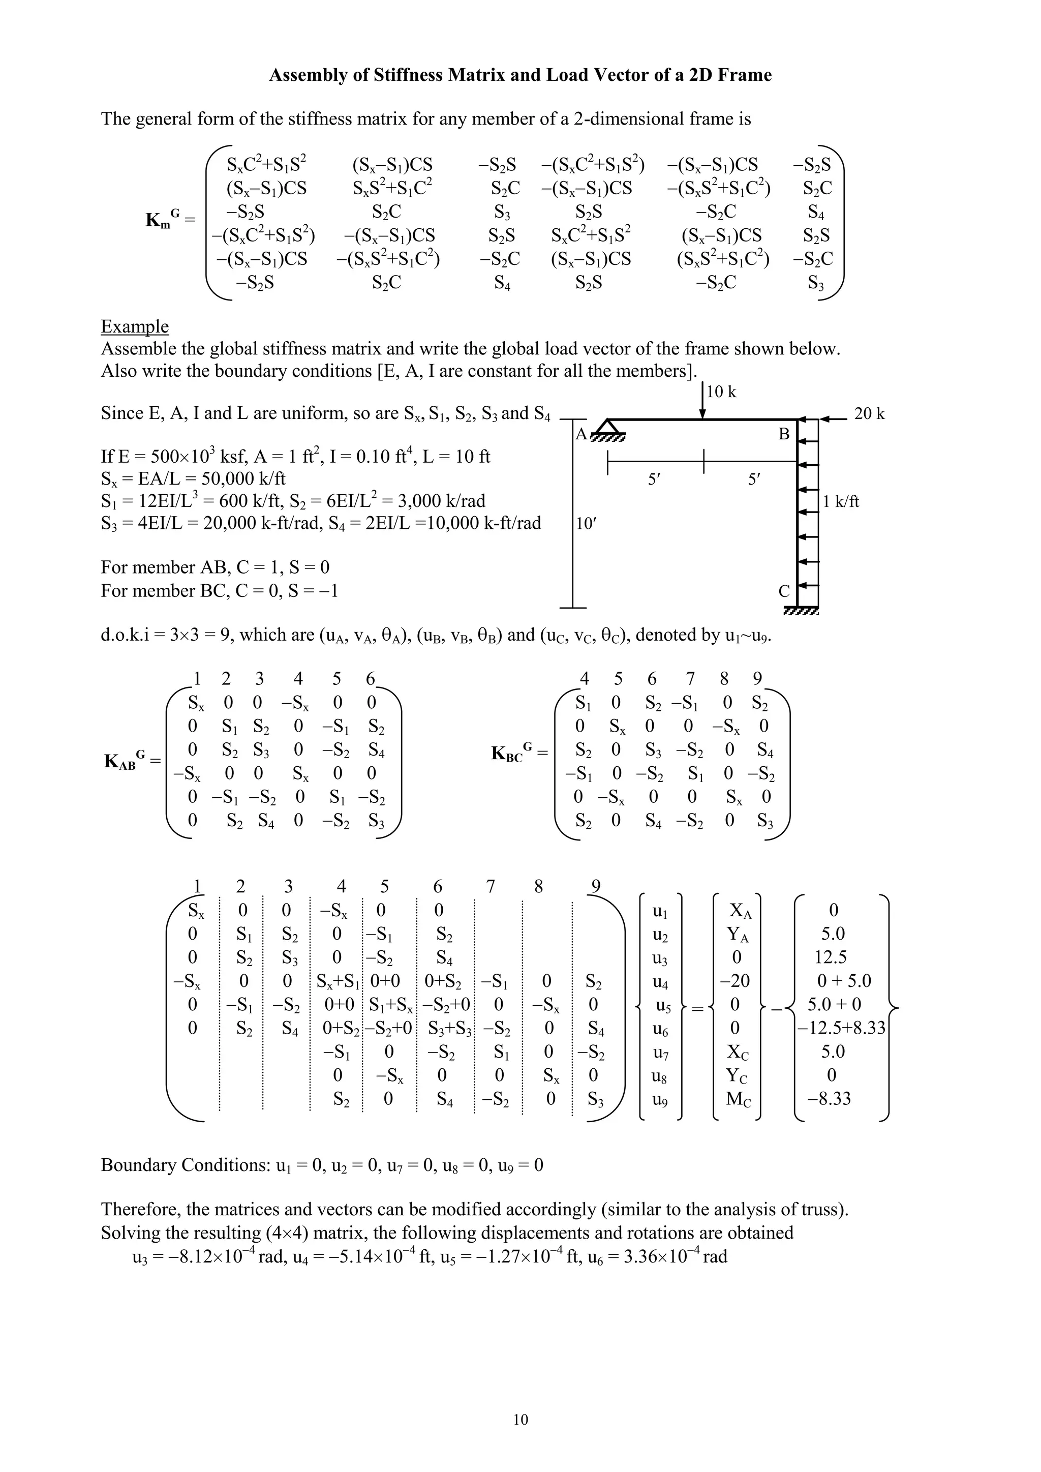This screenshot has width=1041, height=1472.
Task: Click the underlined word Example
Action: pos(135,326)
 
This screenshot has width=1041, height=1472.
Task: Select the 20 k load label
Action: pos(869,414)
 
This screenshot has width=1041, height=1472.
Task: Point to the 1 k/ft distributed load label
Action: pos(841,501)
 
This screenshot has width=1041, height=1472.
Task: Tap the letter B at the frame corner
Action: pos(784,435)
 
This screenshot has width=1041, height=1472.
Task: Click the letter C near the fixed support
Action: pos(784,591)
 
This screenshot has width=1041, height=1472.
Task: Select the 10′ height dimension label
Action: pos(586,524)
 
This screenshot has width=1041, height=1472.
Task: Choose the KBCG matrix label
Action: pos(515,752)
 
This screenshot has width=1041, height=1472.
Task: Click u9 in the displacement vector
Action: pos(660,1099)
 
